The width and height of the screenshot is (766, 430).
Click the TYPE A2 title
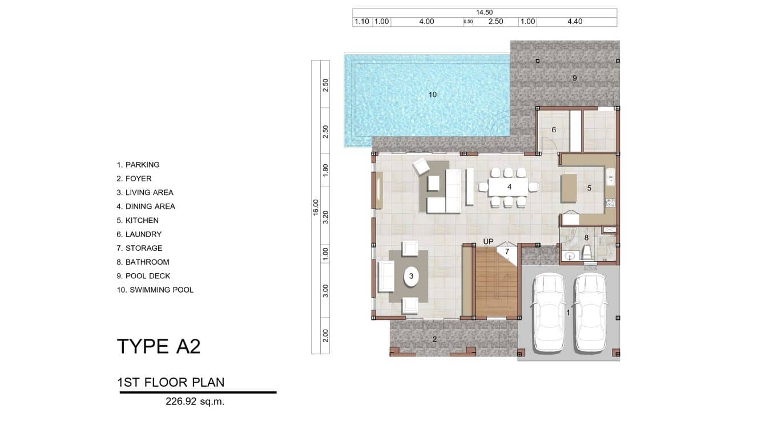tap(159, 347)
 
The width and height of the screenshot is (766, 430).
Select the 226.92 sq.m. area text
tap(195, 401)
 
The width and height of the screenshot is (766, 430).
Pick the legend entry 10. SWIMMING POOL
tap(155, 290)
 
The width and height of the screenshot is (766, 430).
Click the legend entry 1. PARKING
tap(138, 165)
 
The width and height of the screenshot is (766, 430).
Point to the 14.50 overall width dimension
tap(484, 13)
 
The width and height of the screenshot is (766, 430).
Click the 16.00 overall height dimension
tap(316, 206)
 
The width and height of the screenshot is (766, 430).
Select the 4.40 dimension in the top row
tap(575, 22)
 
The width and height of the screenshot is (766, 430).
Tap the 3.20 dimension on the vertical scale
tap(325, 216)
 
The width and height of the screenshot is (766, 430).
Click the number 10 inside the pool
tap(433, 95)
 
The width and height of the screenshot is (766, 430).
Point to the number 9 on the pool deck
tap(575, 78)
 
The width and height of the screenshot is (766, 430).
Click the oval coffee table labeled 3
tap(410, 277)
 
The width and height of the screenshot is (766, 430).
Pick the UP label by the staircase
tap(488, 242)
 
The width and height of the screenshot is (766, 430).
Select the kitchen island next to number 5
tap(569, 188)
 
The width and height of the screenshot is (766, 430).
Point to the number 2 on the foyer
tap(435, 339)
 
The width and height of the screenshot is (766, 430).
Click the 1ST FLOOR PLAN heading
tap(171, 382)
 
